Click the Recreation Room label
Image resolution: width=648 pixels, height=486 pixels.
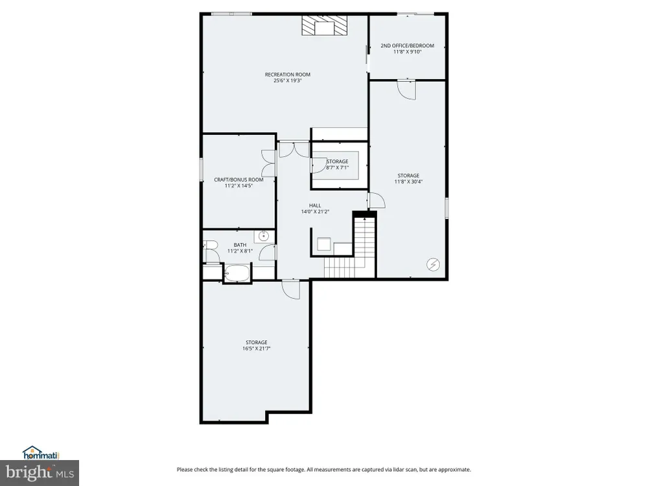pos(287,75)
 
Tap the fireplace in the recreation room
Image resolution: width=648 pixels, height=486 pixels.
pos(325,26)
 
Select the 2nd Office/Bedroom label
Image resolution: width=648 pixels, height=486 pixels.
pos(407,45)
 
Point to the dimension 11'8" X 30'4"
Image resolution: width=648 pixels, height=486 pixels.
pos(408,181)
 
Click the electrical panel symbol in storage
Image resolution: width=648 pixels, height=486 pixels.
pos(433,264)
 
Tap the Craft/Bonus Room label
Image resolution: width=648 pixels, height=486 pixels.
pos(238,179)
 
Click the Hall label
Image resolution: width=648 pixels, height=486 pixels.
pos(315,205)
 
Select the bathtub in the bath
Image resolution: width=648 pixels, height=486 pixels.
pos(237,273)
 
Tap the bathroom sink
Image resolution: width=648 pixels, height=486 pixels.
pos(264,236)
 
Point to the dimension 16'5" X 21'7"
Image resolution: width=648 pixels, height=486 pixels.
pos(257,349)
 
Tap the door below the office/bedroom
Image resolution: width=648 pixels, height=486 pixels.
pos(406,89)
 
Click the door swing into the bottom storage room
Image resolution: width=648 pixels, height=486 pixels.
pos(291,289)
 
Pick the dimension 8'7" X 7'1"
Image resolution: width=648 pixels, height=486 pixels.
pos(337,168)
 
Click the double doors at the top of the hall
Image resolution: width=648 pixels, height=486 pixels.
pos(294,150)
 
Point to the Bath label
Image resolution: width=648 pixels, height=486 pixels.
pos(240,245)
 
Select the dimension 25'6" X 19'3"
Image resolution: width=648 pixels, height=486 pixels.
pos(288,80)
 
